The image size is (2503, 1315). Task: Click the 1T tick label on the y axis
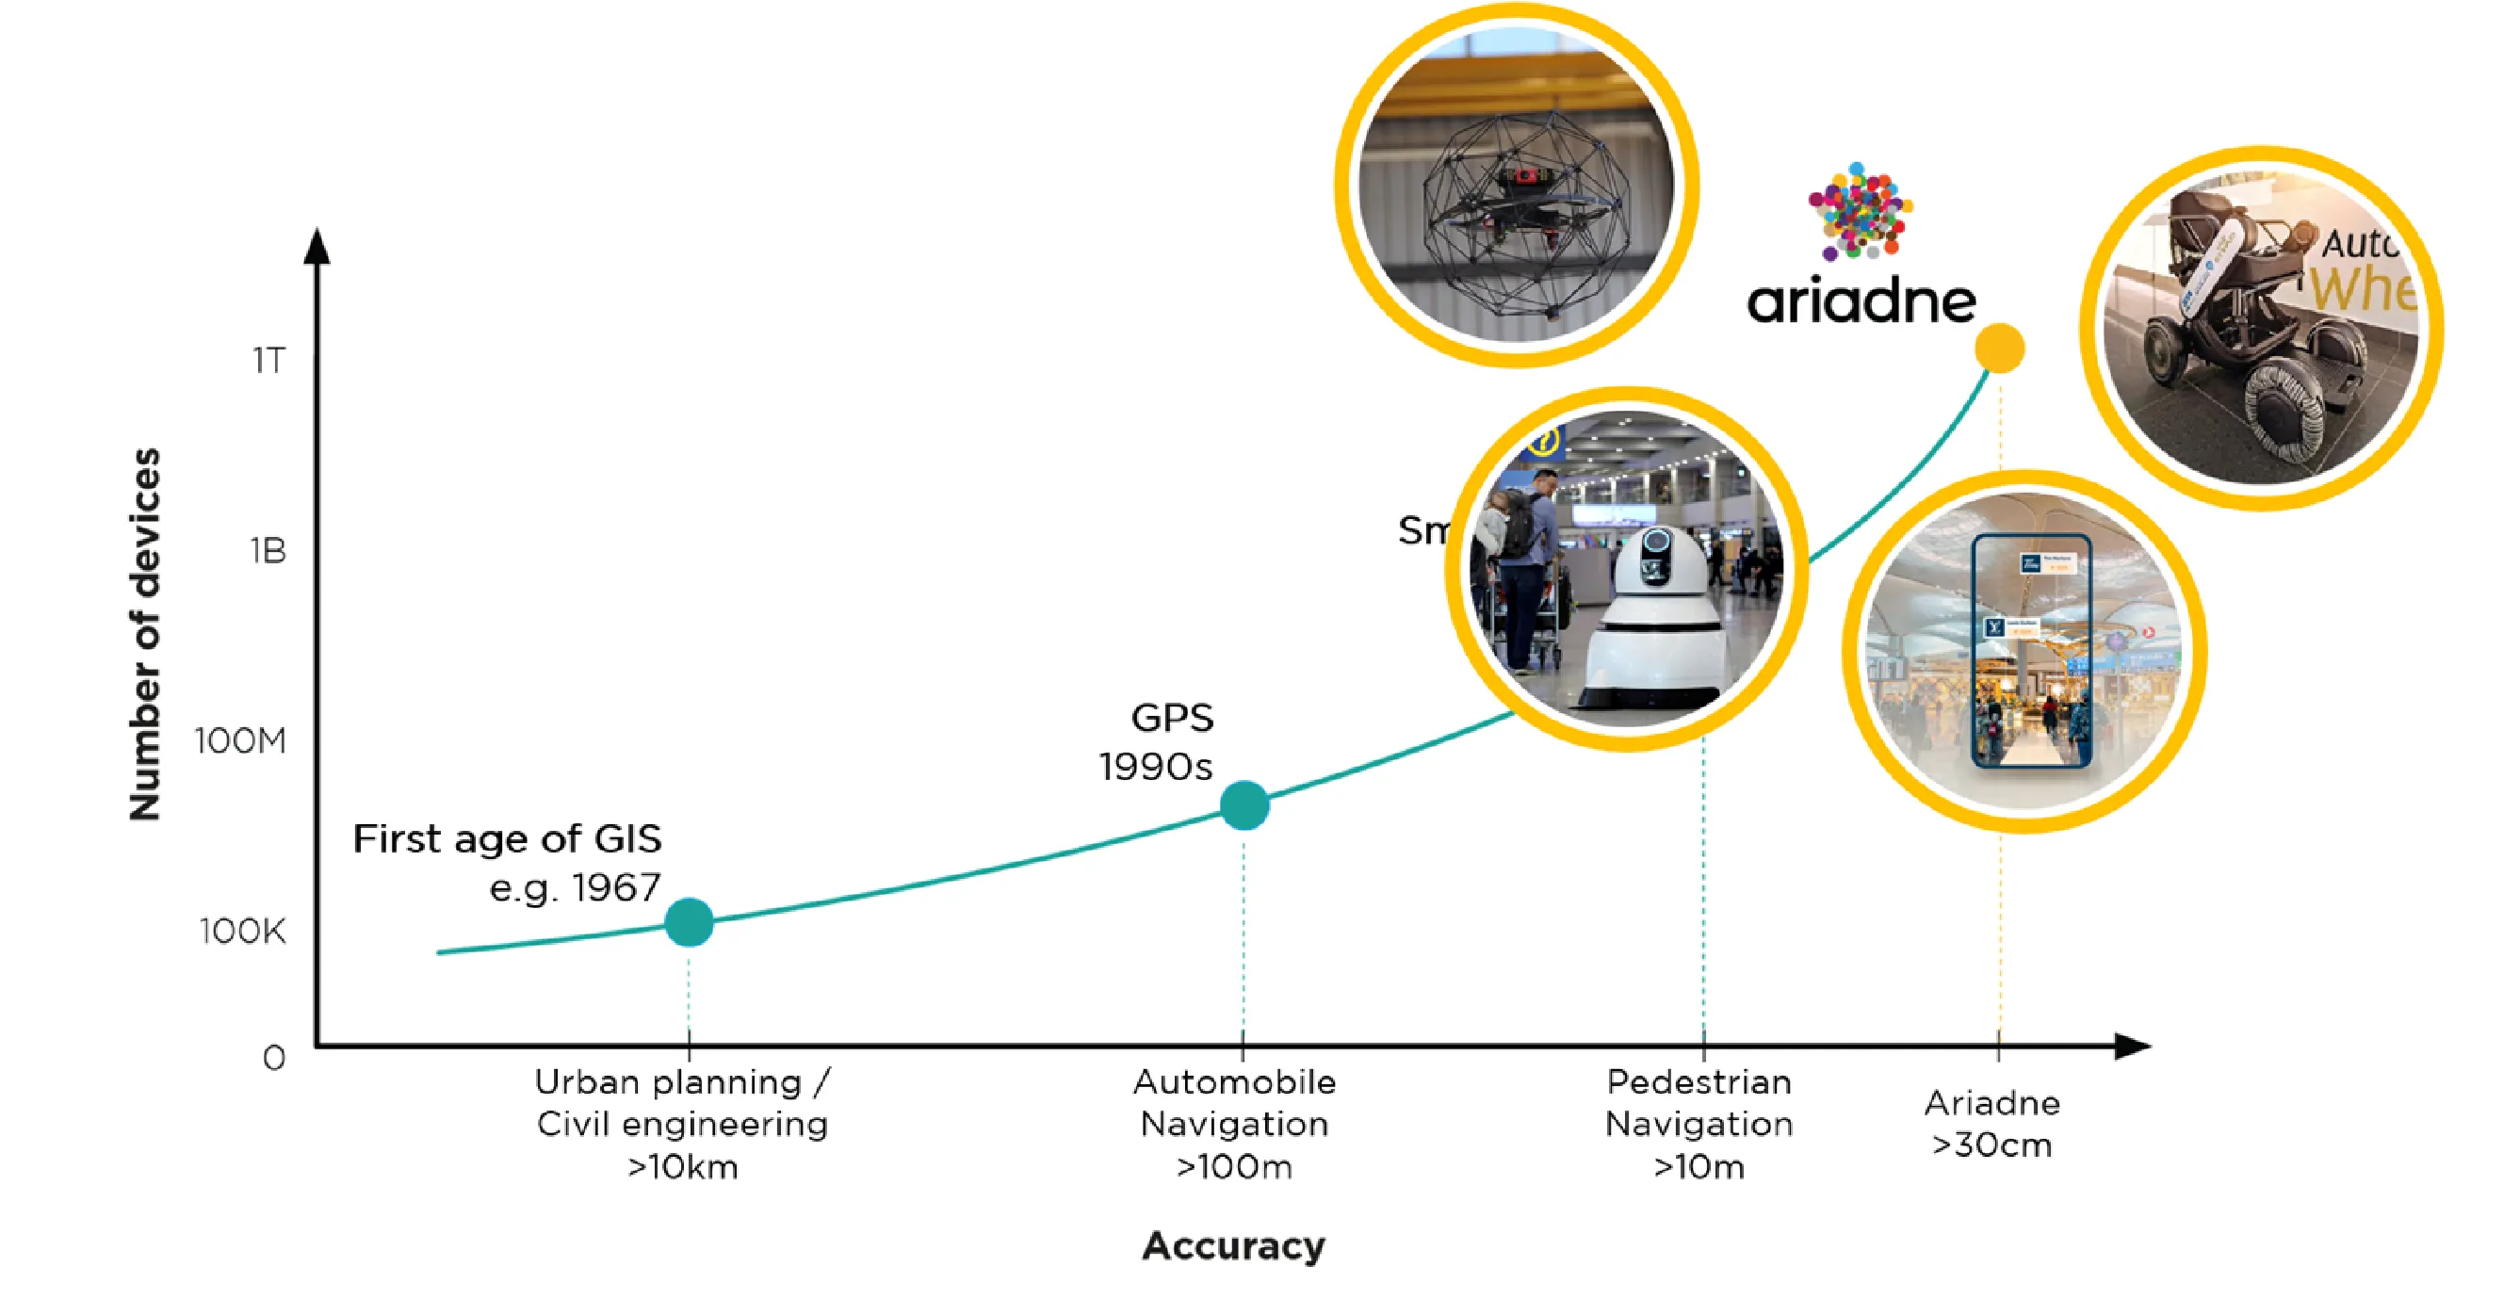click(x=268, y=361)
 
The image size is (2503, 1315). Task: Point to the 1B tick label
click(x=268, y=551)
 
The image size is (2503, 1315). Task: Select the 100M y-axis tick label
click(x=240, y=741)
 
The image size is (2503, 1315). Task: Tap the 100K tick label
click(x=243, y=931)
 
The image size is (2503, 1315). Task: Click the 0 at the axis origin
click(x=274, y=1058)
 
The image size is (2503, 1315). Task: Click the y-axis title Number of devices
click(x=145, y=634)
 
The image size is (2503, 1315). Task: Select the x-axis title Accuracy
click(x=1233, y=1246)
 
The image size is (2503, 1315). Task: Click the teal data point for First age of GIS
click(x=689, y=922)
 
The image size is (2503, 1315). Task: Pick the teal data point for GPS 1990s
click(x=1243, y=805)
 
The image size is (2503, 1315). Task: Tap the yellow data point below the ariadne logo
click(x=2000, y=348)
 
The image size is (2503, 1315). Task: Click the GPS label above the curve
click(x=1172, y=718)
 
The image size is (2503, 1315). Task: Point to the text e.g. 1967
click(x=575, y=887)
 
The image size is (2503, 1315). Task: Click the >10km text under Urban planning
click(x=683, y=1166)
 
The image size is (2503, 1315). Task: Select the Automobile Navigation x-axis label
click(x=1234, y=1103)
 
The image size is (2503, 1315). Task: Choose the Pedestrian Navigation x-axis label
click(x=1698, y=1103)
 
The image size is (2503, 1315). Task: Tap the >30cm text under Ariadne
click(x=1991, y=1145)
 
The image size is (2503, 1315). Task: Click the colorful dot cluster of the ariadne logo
click(x=1860, y=211)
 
